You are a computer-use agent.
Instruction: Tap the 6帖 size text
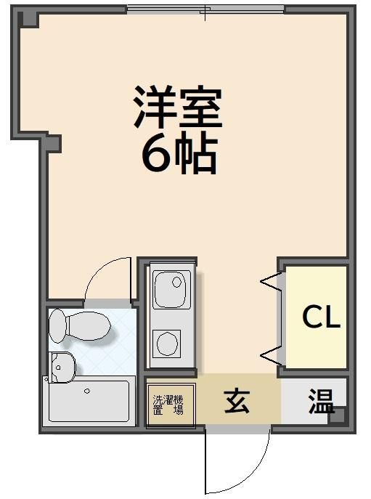pos(179,153)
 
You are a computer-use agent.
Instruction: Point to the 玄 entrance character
pos(237,402)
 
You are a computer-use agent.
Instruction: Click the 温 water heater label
pos(320,400)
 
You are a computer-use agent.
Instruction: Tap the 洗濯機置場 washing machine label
pos(168,405)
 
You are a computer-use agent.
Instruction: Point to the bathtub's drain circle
pos(87,391)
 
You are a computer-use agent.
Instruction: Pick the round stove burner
pos(168,342)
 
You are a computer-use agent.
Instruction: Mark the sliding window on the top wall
pos(205,10)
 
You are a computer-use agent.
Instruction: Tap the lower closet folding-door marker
pos(271,355)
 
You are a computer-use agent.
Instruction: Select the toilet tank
pos(57,325)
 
